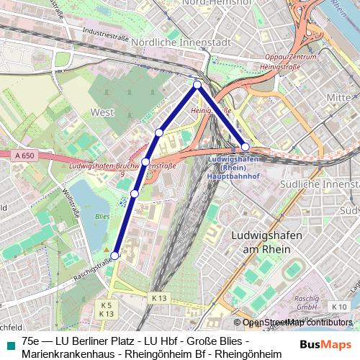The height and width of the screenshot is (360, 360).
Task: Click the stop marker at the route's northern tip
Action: [x=197, y=86]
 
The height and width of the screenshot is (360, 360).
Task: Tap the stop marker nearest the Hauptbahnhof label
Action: [x=246, y=147]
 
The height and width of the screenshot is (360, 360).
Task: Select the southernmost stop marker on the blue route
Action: [x=115, y=255]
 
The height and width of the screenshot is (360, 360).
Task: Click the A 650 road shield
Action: [x=23, y=155]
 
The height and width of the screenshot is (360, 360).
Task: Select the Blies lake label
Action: [x=102, y=215]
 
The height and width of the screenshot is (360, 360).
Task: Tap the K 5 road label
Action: [x=107, y=305]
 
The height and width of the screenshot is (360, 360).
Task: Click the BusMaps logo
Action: [x=325, y=345]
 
